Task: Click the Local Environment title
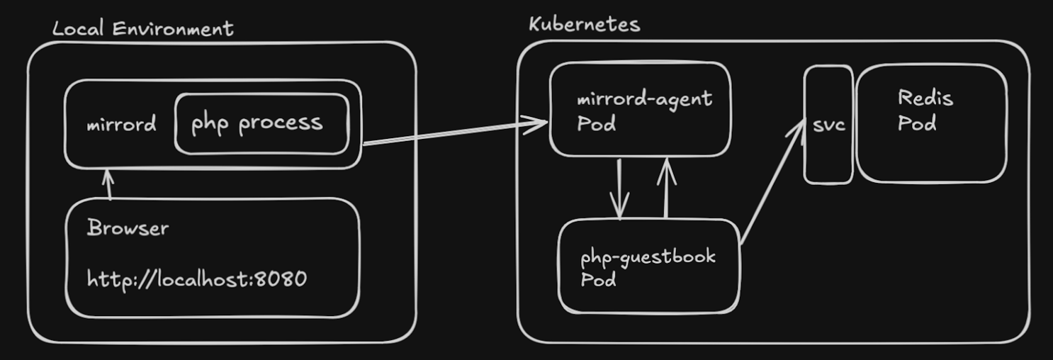click(x=142, y=28)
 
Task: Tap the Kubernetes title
click(x=584, y=24)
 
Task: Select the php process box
click(x=261, y=123)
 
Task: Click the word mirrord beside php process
click(x=120, y=125)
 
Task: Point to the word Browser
click(x=128, y=228)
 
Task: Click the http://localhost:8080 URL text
click(x=197, y=279)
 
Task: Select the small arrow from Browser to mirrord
click(x=108, y=184)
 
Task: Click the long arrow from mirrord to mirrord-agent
click(x=454, y=133)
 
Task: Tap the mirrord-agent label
click(x=644, y=99)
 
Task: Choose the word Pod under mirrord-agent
click(x=596, y=124)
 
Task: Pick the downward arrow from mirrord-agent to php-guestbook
click(x=620, y=188)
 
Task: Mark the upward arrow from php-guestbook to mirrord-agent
click(x=666, y=188)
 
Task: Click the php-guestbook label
click(x=648, y=256)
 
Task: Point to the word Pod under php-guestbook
click(x=598, y=280)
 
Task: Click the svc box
click(x=828, y=125)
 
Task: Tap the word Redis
click(x=925, y=98)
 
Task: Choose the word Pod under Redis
click(x=917, y=123)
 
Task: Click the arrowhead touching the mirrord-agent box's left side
click(x=540, y=123)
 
